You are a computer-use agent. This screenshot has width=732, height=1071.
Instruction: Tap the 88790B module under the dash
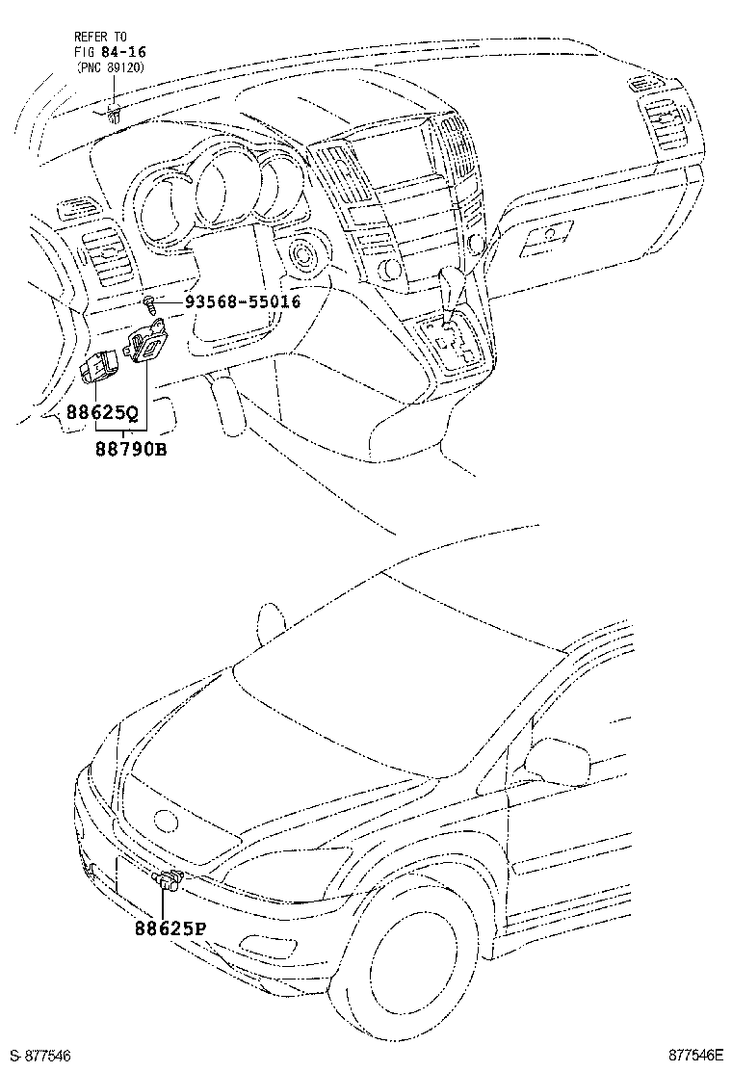[x=145, y=344]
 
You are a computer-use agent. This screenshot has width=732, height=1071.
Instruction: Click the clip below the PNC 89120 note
[x=114, y=117]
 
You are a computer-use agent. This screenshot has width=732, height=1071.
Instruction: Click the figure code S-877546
[x=39, y=1057]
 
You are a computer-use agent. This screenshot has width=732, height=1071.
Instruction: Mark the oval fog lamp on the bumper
[x=92, y=873]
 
